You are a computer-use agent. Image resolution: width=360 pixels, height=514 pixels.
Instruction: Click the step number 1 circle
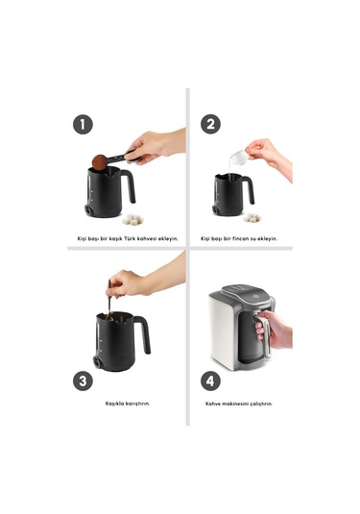point(83,125)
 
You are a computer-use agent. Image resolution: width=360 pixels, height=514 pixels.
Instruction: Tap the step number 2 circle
point(210,124)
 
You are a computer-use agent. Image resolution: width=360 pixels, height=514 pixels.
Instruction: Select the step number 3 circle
point(83,380)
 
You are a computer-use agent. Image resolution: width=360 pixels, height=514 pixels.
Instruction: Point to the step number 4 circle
point(210,380)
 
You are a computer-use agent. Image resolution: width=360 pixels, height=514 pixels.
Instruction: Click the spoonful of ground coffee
point(99,162)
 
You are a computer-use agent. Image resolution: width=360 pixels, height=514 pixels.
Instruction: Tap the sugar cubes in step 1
point(132,219)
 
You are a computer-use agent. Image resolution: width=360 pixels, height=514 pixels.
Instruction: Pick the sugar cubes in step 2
point(252,217)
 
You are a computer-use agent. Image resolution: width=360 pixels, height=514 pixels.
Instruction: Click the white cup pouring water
point(239,157)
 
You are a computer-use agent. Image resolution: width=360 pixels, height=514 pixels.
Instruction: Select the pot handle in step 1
point(130,184)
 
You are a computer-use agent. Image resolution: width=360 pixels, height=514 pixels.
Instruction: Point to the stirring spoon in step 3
point(109,302)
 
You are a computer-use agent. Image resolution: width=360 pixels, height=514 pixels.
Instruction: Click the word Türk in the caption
point(124,238)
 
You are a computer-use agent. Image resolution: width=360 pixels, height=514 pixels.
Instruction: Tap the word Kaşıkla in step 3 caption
point(115,404)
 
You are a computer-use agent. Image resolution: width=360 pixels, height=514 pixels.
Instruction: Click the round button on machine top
point(255,297)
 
